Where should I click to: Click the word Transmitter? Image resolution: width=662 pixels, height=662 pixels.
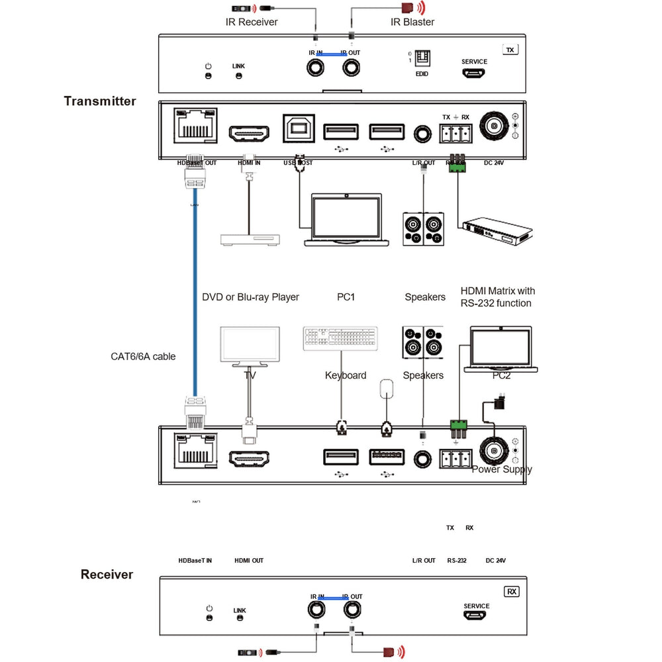click(100, 101)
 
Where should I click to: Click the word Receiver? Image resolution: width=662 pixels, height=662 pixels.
click(107, 575)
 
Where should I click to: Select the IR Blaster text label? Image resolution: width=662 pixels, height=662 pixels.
click(412, 22)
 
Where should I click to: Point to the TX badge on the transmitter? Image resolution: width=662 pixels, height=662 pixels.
click(509, 50)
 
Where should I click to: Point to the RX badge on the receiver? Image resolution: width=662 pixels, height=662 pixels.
click(511, 591)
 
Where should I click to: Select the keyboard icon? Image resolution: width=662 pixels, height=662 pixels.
click(341, 338)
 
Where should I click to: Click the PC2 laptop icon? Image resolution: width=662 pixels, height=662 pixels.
click(500, 349)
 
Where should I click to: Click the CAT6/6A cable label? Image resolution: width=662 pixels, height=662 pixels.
click(143, 356)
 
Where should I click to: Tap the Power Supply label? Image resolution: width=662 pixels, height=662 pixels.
click(502, 469)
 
